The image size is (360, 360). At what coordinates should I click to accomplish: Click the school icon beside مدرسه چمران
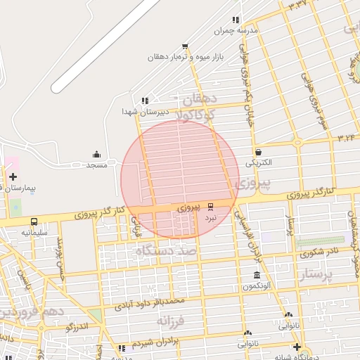(236, 20)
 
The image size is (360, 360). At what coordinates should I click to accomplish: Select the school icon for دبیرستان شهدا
(145, 101)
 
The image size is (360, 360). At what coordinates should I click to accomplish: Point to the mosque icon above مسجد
(96, 155)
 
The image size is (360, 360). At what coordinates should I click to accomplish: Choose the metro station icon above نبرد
(211, 207)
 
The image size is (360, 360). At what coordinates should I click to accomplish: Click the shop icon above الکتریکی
(259, 152)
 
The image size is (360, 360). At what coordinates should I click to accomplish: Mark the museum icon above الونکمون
(257, 275)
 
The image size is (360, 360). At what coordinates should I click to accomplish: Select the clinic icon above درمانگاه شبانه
(297, 347)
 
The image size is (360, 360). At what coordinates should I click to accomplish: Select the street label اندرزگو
(77, 327)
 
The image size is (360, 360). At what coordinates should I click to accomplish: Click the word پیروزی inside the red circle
(188, 208)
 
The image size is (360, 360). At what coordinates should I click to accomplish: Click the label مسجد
(96, 165)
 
